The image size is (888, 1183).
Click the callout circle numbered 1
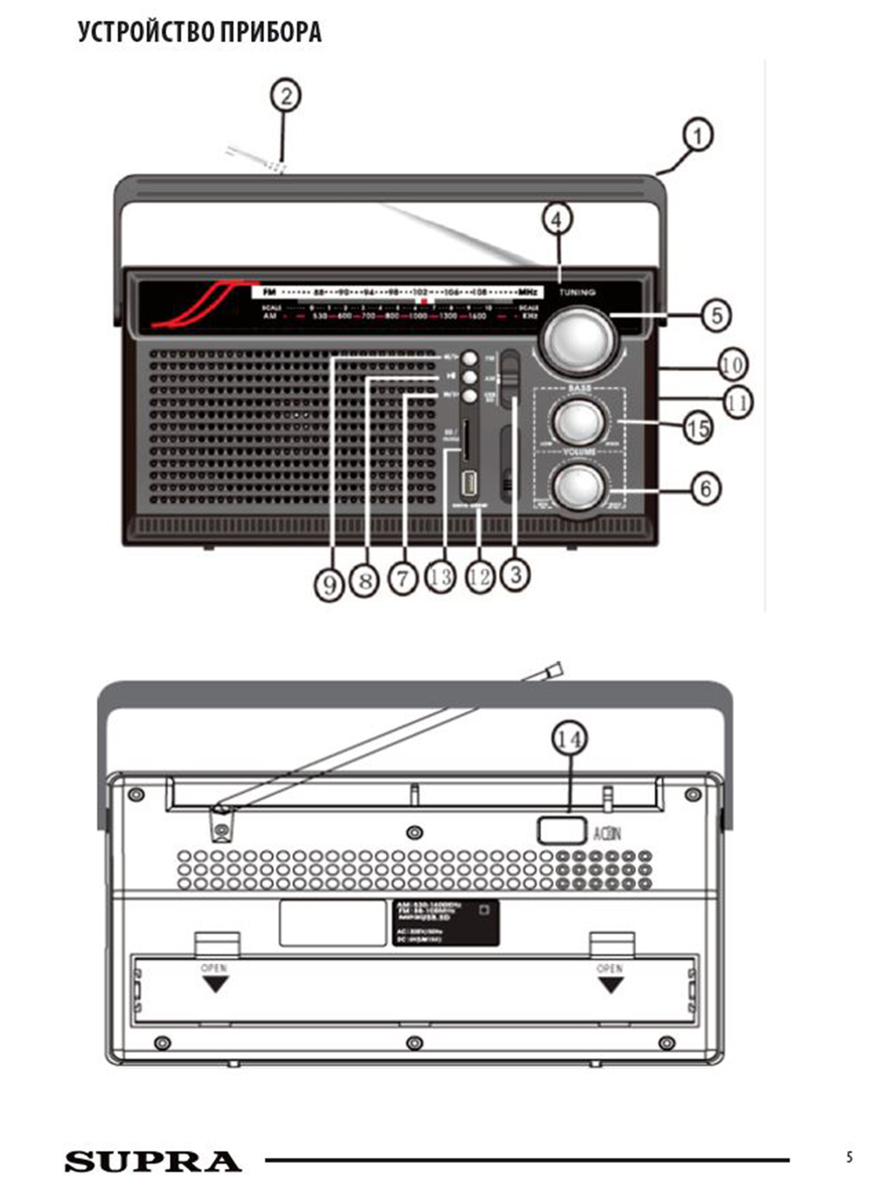698,135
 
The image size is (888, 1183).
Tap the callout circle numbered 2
286,95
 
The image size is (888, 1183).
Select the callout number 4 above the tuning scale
556,220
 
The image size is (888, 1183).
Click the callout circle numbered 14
569,739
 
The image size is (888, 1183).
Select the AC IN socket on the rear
562,830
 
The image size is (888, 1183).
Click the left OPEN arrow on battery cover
216,983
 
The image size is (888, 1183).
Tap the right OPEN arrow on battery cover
611,983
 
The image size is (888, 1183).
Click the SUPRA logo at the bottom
153,1161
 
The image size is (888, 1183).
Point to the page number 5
849,1158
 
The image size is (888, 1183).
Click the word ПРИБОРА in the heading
271,32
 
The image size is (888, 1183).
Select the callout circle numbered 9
329,583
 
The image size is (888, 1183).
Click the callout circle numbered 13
440,577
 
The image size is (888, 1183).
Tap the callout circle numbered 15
698,428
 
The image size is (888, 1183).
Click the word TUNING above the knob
578,292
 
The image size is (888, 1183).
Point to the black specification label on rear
446,922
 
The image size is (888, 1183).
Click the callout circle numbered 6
706,488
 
